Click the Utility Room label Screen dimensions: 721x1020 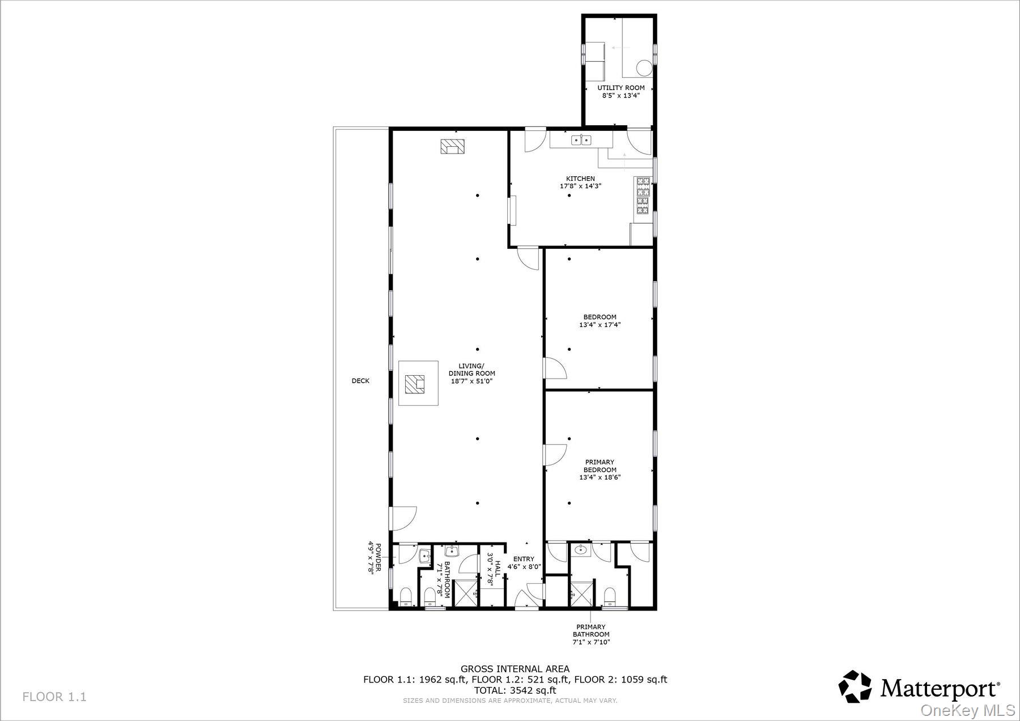(621, 88)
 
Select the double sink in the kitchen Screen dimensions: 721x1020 (581, 139)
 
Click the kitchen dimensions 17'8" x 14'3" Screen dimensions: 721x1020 (580, 186)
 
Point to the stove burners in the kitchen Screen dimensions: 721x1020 (644, 196)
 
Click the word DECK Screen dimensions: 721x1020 (360, 381)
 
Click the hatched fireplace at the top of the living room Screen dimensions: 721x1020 (452, 146)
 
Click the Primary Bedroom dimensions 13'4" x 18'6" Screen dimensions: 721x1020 (600, 478)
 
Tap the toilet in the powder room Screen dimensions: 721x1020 (405, 596)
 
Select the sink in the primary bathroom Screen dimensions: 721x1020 (580, 549)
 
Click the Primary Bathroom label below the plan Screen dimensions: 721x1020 (591, 634)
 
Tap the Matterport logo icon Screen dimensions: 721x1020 (855, 686)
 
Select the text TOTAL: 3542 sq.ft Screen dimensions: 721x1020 (515, 690)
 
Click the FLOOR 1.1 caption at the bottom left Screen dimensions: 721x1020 (54, 697)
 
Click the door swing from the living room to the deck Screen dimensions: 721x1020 (403, 516)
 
